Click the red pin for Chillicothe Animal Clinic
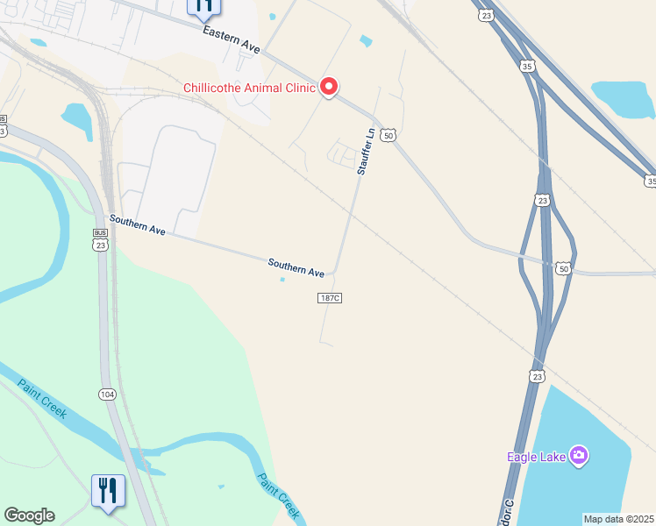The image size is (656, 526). pyautogui.click(x=329, y=87)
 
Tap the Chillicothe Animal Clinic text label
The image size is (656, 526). pyautogui.click(x=248, y=87)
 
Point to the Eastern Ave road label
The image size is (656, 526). pyautogui.click(x=232, y=41)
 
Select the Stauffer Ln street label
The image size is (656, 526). pyautogui.click(x=365, y=152)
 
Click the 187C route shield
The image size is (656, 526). pyautogui.click(x=329, y=298)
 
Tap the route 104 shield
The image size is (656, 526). pyautogui.click(x=107, y=395)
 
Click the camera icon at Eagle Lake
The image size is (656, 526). pyautogui.click(x=578, y=455)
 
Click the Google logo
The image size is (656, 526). pyautogui.click(x=29, y=515)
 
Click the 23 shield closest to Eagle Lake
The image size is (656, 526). pyautogui.click(x=537, y=375)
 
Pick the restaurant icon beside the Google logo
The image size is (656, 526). pyautogui.click(x=107, y=490)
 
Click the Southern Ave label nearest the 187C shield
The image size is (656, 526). pyautogui.click(x=296, y=267)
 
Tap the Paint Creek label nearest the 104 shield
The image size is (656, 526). pyautogui.click(x=43, y=398)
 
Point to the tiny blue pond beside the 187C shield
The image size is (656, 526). pyautogui.click(x=282, y=280)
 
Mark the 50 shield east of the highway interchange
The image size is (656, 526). pyautogui.click(x=563, y=268)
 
